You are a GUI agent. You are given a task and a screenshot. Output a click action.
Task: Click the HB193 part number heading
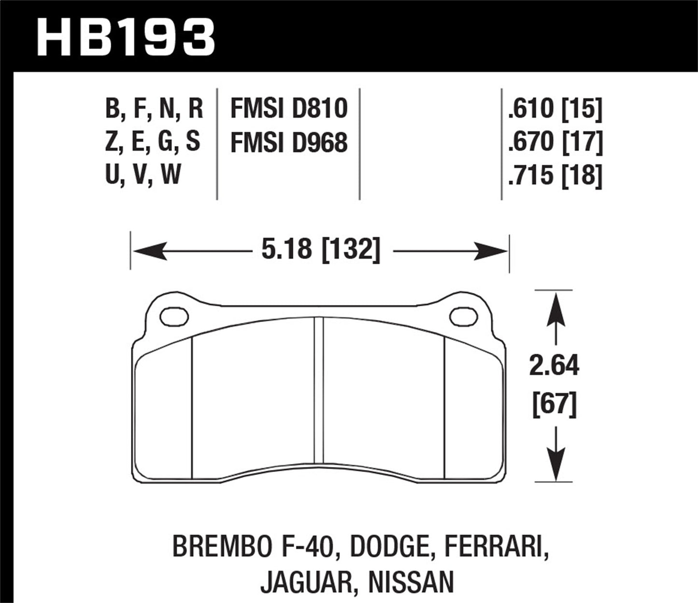[x=126, y=36]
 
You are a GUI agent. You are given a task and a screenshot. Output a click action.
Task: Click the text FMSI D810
[x=289, y=108]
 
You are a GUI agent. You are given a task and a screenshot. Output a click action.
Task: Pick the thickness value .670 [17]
[x=555, y=142]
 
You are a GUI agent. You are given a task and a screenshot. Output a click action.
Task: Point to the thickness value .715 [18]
[x=555, y=175]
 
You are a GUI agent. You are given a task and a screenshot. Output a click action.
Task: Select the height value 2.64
[x=554, y=366]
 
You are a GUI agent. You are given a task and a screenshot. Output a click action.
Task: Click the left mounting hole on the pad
[x=173, y=317]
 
